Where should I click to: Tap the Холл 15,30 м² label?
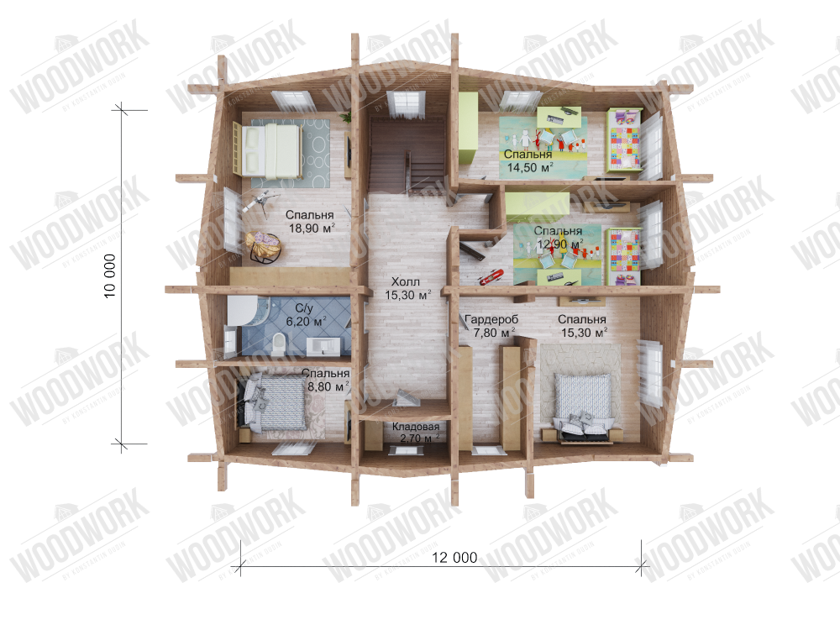point(407,289)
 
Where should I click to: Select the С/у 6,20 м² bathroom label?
point(307,315)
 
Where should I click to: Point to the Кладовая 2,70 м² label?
point(416,433)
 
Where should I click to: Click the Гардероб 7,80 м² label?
point(491,327)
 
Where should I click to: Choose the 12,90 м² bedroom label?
point(559,238)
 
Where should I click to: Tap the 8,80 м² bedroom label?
point(325,381)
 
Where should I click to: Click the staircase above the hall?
point(407,156)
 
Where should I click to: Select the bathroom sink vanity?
point(325,344)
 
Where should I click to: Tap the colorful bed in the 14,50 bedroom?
point(624,142)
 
